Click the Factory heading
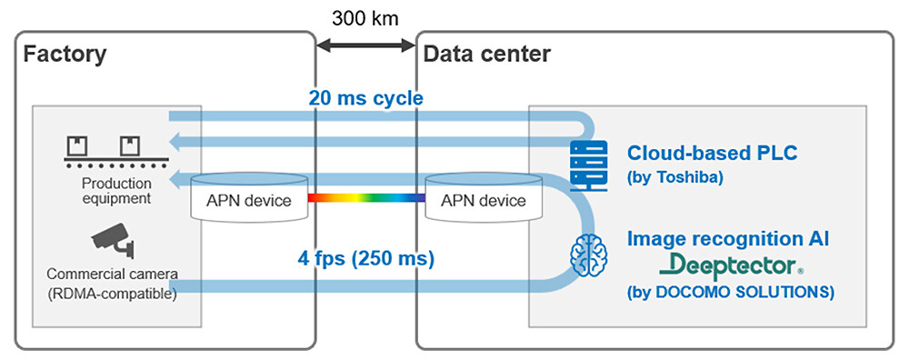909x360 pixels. pos(65,54)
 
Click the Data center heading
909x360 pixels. pos(486,54)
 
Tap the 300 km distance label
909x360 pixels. pos(365,17)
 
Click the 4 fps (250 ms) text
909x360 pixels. pos(366,258)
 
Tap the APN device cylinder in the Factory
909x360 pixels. pos(248,198)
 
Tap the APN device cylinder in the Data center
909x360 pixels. pos(483,198)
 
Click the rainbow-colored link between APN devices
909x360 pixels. pos(365,197)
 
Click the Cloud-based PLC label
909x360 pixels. pos(713,153)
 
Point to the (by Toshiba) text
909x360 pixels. pos(675,177)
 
